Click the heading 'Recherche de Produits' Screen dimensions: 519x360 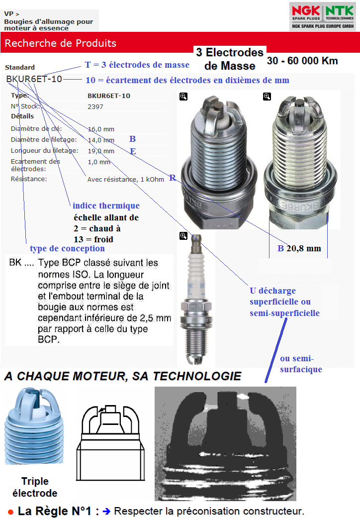pyautogui.click(x=60, y=43)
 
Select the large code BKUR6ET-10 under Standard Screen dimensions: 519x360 pyautogui.click(x=34, y=79)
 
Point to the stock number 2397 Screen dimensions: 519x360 pyautogui.click(x=95, y=106)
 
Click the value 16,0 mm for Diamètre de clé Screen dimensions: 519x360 pyautogui.click(x=101, y=129)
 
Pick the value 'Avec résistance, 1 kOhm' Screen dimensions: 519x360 pyautogui.click(x=125, y=179)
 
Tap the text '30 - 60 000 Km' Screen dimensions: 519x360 pyautogui.click(x=302, y=61)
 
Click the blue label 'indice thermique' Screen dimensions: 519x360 pyautogui.click(x=106, y=206)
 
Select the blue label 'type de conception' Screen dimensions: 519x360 pyautogui.click(x=67, y=248)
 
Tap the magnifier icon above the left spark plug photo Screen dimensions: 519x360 pyautogui.click(x=183, y=97)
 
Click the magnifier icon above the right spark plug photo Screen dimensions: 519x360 pyautogui.click(x=267, y=97)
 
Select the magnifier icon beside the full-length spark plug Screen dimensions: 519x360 pyautogui.click(x=183, y=235)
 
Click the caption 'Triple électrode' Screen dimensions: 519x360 pyautogui.click(x=35, y=487)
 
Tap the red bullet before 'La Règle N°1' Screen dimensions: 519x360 pyautogui.click(x=10, y=512)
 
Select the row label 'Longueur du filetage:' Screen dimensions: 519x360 pyautogui.click(x=44, y=151)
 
